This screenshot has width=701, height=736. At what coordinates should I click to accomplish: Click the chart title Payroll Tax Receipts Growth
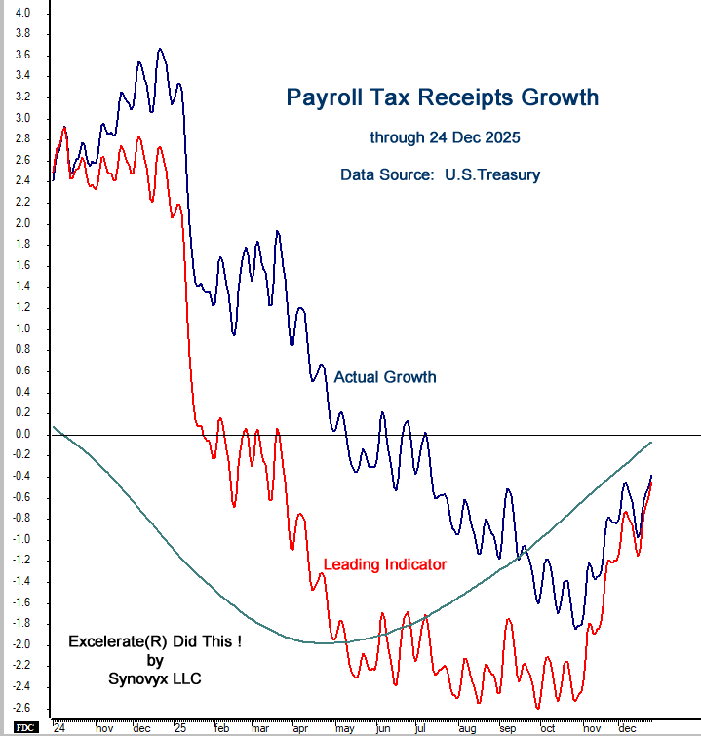click(x=442, y=98)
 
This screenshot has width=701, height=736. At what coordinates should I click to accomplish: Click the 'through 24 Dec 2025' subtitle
click(x=441, y=137)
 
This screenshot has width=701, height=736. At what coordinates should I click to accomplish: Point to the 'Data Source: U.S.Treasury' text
click(x=440, y=175)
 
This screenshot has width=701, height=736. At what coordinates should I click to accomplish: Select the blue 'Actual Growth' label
click(x=384, y=377)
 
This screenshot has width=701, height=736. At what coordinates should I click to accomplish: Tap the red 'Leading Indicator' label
click(x=384, y=564)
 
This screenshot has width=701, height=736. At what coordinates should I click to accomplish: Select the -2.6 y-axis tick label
click(x=21, y=707)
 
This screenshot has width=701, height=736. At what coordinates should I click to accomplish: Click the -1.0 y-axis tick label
click(x=21, y=539)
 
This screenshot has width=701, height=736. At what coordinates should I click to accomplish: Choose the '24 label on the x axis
click(x=58, y=728)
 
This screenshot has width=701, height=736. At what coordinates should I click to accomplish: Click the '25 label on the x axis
click(x=178, y=728)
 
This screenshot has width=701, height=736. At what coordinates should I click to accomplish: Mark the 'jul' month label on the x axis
click(x=419, y=728)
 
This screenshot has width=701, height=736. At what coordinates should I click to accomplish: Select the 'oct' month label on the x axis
click(x=547, y=728)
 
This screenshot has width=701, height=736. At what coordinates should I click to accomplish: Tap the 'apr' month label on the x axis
click(x=299, y=728)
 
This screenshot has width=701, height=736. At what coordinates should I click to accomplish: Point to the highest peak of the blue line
click(x=161, y=49)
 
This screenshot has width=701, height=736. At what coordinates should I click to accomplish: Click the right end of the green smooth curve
click(x=651, y=442)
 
